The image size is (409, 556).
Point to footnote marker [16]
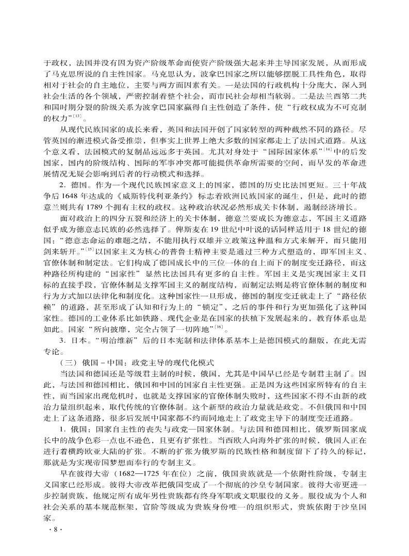(x=219, y=326)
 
